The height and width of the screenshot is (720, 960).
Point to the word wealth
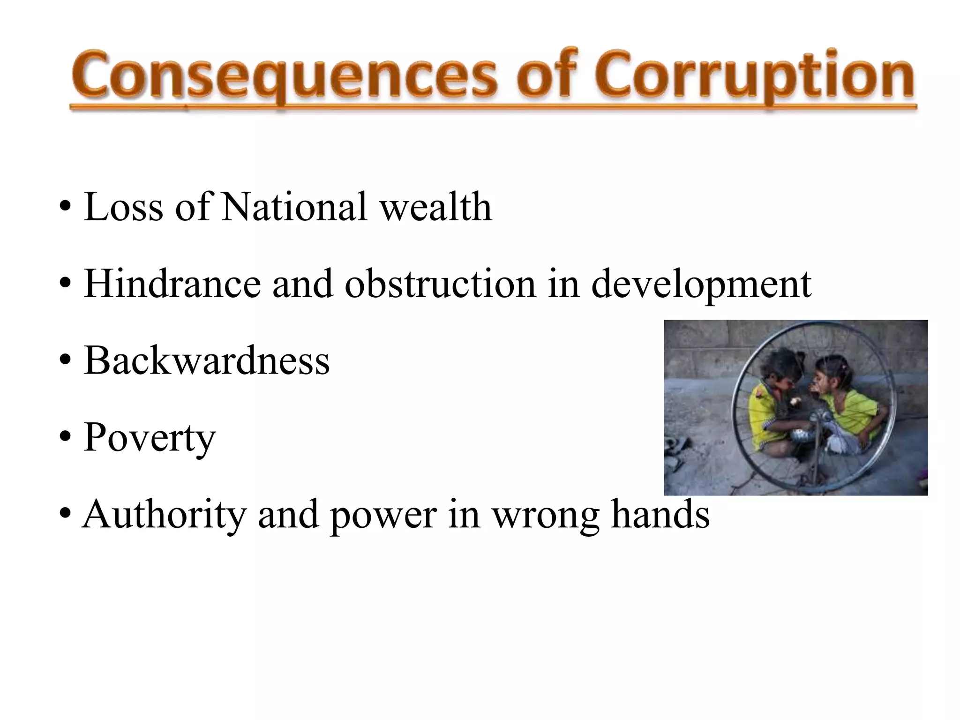436,207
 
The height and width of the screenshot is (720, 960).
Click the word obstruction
440,284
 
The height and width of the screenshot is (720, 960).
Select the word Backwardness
207,361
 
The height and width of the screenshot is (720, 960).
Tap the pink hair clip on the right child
844,366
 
